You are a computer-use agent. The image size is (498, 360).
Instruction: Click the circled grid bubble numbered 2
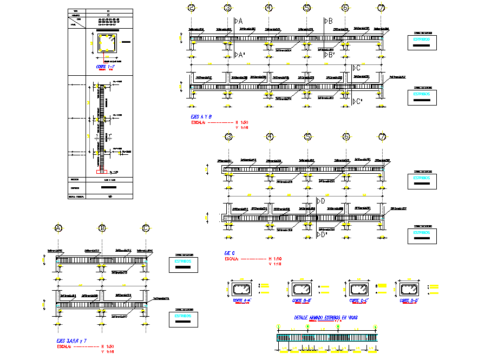(191, 8)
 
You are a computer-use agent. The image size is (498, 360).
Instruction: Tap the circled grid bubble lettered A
(57, 228)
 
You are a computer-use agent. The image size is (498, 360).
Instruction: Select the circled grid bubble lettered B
(102, 228)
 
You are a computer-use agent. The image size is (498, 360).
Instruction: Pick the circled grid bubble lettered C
(145, 228)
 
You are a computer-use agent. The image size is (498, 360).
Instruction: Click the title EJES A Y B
(201, 116)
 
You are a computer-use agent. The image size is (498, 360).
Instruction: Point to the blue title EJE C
(231, 253)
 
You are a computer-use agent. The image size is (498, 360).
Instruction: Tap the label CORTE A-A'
(242, 300)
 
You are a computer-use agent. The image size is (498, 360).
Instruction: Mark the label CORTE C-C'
(357, 300)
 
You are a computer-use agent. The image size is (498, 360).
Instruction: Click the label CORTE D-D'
(409, 300)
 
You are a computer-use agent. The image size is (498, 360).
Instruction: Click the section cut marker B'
(329, 55)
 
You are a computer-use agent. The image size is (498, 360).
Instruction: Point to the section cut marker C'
(356, 101)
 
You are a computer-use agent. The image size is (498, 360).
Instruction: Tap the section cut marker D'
(322, 234)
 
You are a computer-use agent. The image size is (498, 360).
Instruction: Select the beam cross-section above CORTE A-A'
(241, 288)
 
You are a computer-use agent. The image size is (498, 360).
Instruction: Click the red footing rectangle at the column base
(100, 172)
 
